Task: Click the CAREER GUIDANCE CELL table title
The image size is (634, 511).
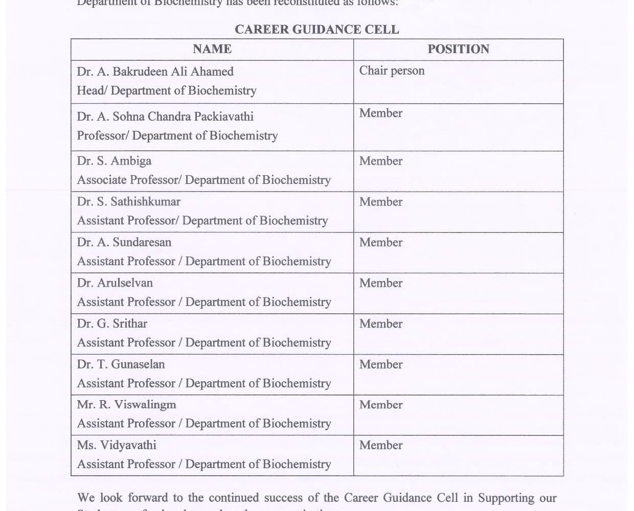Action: click(316, 30)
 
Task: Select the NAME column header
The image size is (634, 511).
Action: click(212, 49)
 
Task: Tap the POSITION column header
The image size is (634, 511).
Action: click(458, 49)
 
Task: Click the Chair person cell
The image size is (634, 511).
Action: click(392, 71)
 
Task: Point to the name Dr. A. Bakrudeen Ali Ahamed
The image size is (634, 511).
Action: click(155, 72)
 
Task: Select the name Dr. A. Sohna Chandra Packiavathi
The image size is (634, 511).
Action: click(165, 117)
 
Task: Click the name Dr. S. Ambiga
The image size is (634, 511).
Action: click(114, 161)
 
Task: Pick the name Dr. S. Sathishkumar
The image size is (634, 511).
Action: click(128, 202)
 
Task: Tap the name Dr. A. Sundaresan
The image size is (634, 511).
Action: click(124, 242)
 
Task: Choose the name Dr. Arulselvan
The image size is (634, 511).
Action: click(115, 283)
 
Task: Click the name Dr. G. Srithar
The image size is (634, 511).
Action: click(112, 323)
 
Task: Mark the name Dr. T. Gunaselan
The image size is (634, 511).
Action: click(121, 364)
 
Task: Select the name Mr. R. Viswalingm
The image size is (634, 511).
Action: click(126, 405)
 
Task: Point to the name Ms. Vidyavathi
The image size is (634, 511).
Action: click(117, 445)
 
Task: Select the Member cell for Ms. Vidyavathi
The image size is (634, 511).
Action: click(380, 445)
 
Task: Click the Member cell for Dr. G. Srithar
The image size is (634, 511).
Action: click(380, 323)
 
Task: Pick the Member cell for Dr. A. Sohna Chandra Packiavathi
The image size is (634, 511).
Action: click(380, 113)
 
